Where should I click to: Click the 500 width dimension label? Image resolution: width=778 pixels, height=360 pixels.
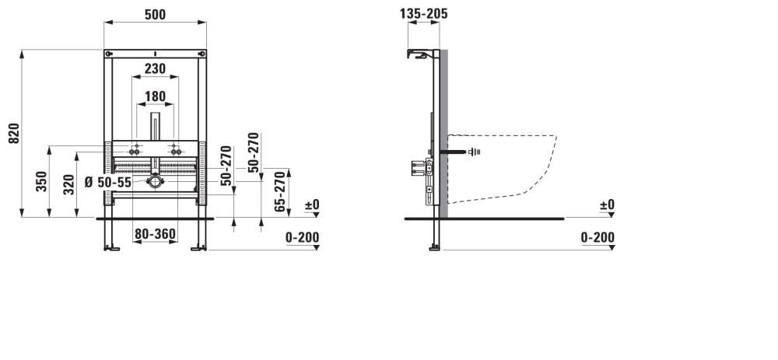click(x=155, y=15)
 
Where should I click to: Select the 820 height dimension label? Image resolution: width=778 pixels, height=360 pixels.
click(x=14, y=134)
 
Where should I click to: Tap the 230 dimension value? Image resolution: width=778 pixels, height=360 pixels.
click(x=155, y=69)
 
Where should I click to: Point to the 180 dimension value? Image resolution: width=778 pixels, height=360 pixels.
click(x=155, y=96)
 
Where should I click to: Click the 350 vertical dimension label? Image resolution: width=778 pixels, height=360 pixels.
click(x=42, y=181)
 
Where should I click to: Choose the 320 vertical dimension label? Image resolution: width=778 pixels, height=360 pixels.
click(x=69, y=184)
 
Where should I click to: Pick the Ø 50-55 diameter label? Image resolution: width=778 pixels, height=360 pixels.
click(x=108, y=183)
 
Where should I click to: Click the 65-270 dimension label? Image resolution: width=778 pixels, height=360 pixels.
click(x=280, y=191)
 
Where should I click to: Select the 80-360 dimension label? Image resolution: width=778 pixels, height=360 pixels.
click(x=155, y=233)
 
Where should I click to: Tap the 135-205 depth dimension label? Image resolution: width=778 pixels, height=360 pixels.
click(x=424, y=14)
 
